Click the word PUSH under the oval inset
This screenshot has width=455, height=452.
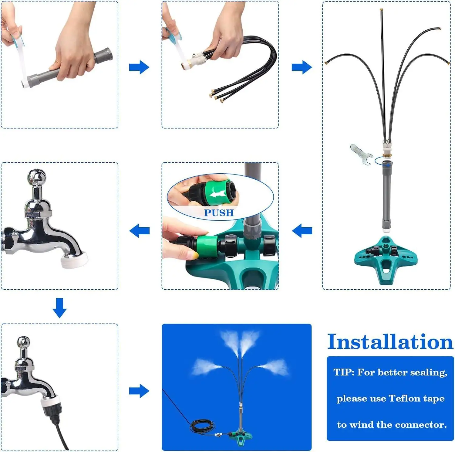(x=219, y=213)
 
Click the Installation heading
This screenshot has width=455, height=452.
(x=390, y=342)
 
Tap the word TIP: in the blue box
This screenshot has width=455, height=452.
(x=344, y=372)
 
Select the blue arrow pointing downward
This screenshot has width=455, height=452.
(x=59, y=308)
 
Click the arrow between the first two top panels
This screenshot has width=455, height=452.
(x=139, y=67)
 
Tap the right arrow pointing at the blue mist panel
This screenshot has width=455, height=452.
(x=139, y=391)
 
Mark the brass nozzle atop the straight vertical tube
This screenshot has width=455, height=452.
(x=381, y=11)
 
